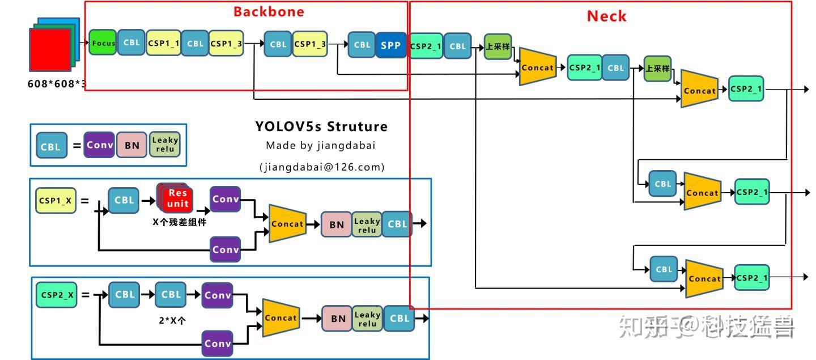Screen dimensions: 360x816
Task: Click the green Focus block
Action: point(103,43)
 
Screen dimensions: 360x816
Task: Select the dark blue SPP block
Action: point(390,45)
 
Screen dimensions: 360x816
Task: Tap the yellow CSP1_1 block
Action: point(163,43)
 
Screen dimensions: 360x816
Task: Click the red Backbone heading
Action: point(269,12)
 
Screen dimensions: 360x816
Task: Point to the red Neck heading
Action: point(606,16)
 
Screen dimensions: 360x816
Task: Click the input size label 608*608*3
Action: point(57,84)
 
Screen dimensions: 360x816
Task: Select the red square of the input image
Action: point(50,50)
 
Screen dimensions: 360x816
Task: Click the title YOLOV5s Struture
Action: point(321,126)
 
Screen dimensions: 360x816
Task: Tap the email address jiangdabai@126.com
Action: point(322,167)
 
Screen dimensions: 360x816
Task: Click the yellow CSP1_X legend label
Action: point(56,200)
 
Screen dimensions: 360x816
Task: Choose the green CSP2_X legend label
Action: point(56,295)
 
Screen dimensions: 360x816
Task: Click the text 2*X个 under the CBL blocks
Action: point(172,320)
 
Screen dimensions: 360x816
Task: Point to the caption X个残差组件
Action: point(180,222)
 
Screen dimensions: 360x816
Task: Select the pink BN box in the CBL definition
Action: point(132,145)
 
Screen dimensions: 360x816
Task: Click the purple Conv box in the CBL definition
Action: point(99,145)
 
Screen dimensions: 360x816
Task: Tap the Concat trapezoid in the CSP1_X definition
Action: point(287,224)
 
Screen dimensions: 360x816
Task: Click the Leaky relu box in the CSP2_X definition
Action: point(367,319)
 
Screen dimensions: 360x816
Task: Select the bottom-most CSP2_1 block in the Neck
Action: point(751,278)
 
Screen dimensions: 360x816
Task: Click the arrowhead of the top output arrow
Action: point(806,90)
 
